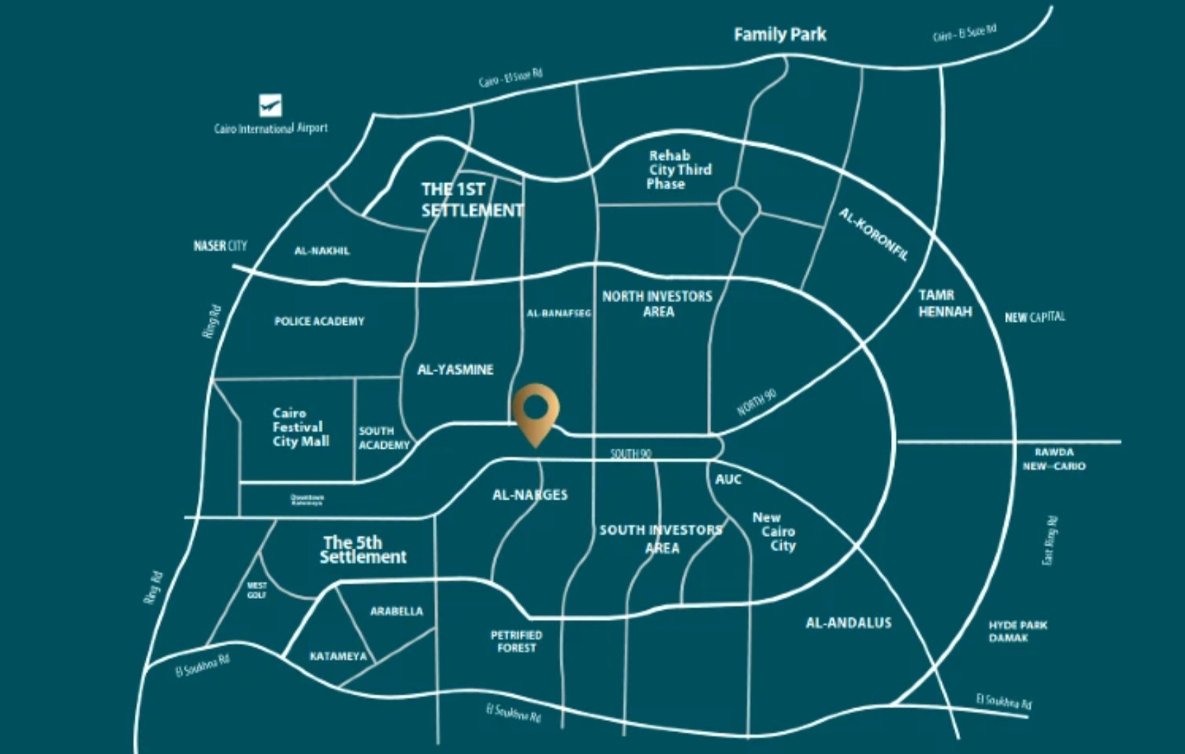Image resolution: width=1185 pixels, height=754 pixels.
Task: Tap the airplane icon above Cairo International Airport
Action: point(270,106)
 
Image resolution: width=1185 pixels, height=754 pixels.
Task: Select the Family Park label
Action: point(780,35)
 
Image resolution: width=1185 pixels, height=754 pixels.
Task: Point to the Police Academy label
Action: point(319,321)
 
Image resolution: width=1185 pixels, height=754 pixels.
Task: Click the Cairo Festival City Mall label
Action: point(300,427)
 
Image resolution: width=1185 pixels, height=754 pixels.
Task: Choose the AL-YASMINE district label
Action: point(455,369)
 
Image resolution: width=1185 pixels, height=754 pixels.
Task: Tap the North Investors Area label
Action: point(657,304)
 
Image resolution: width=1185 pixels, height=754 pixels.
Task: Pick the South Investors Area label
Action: point(661,538)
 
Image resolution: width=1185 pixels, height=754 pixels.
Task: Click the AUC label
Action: point(728,479)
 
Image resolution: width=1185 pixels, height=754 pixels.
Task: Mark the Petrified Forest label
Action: point(516,641)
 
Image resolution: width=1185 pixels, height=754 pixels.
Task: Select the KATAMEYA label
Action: point(338,656)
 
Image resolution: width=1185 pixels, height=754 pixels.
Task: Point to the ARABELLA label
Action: point(396,611)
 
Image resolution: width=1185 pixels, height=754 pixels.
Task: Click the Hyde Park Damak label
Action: point(1017,631)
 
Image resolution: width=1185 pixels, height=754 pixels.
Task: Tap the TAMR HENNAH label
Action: point(945,303)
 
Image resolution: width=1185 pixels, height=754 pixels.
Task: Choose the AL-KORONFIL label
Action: point(873,235)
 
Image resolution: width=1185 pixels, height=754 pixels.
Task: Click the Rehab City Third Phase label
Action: point(678,170)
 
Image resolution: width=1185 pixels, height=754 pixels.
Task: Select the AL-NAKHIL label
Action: point(321,251)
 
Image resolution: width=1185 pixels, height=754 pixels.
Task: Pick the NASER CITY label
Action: point(220,245)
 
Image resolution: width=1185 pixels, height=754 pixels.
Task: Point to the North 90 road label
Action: point(756,402)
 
